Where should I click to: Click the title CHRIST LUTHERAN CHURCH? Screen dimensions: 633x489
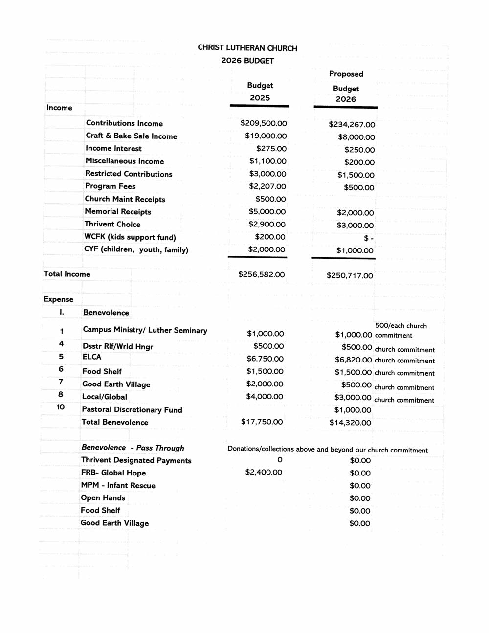[x=247, y=48]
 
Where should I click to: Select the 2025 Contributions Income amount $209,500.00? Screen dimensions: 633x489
[x=264, y=123]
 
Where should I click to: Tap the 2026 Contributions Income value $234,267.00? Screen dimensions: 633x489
[x=352, y=125]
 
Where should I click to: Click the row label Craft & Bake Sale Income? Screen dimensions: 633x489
[x=131, y=136]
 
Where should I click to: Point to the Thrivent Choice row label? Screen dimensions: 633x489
[x=112, y=224]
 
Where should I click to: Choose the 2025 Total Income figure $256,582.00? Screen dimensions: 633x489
[x=261, y=274]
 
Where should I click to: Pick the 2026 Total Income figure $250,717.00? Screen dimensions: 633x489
[x=350, y=276]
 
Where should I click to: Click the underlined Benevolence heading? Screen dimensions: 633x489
[x=106, y=313]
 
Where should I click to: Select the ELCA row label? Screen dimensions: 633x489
[x=91, y=357]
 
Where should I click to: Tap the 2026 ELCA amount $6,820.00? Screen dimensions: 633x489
[x=353, y=360]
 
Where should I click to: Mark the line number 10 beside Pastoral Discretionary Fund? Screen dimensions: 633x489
[x=61, y=407]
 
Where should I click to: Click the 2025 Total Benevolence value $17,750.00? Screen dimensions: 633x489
[x=262, y=422]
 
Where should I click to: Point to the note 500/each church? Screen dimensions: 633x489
[x=400, y=326]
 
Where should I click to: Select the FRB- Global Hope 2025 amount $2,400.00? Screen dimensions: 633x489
[x=264, y=472]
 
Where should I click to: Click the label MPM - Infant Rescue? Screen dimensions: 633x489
[x=118, y=485]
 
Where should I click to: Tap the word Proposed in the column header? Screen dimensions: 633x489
[x=346, y=74]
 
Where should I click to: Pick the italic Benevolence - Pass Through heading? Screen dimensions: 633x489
[x=133, y=448]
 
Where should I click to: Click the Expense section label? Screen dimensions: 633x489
[x=58, y=299]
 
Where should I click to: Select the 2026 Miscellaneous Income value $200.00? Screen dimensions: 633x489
[x=359, y=162]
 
